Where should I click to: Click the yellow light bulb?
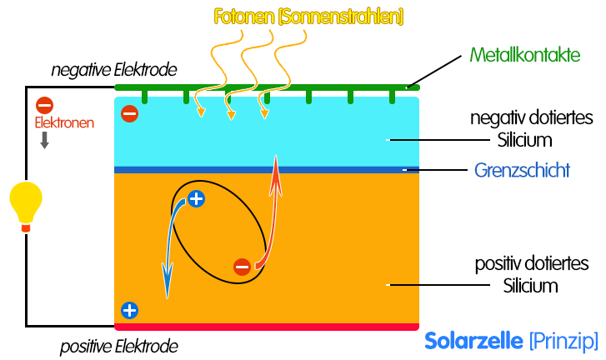pos(25,204)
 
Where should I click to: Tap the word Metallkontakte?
pos(524,56)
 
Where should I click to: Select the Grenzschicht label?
pos(522,171)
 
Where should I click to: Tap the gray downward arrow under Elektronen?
pos(45,141)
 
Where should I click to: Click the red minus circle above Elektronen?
pos(45,105)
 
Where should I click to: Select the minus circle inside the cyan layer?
pos(129,113)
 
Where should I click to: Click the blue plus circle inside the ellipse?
pos(195,199)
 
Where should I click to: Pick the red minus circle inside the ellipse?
pos(242,267)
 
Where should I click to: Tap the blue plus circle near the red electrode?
pos(129,311)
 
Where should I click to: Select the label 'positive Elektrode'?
pos(118,345)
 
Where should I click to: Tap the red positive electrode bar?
pos(267,327)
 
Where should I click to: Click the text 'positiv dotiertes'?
pos(532,265)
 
